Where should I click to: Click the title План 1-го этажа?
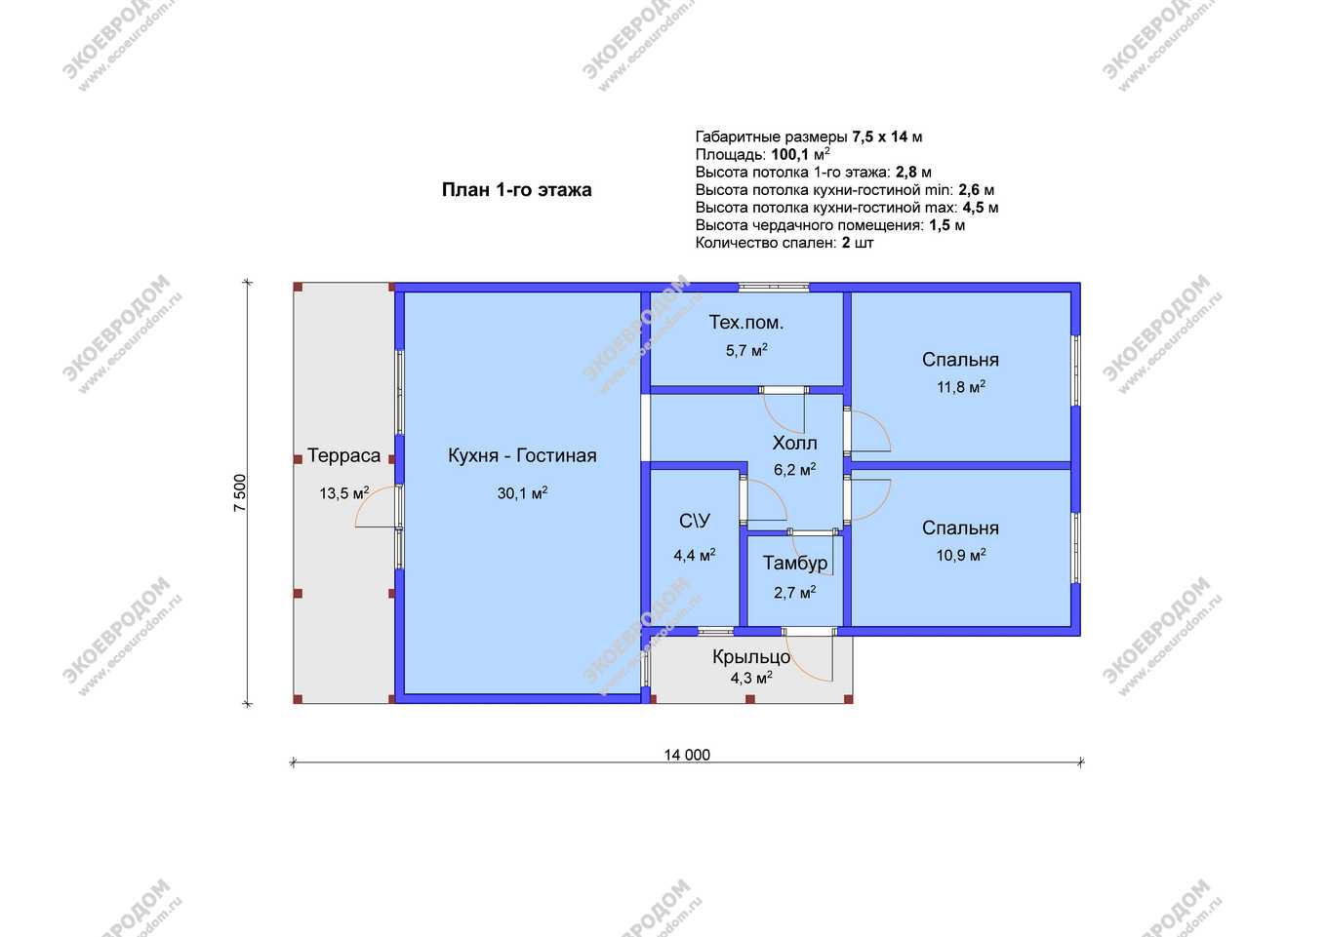[516, 190]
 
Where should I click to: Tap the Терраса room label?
[343, 455]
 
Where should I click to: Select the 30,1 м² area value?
[522, 492]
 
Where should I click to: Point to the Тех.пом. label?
[745, 323]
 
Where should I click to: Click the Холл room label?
[794, 443]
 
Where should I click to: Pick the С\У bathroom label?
[695, 521]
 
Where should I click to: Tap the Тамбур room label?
[794, 563]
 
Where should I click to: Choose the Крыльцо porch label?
[751, 657]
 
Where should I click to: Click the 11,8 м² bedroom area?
[961, 387]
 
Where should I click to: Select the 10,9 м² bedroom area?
[961, 555]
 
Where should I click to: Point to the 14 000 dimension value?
[687, 755]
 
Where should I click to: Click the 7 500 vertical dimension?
[239, 492]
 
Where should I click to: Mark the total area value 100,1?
[789, 155]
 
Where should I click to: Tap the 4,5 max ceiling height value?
[972, 208]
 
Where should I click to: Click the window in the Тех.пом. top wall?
[774, 288]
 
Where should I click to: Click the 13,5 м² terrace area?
[344, 492]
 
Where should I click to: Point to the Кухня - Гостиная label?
[522, 455]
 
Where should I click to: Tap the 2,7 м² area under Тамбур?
[794, 593]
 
